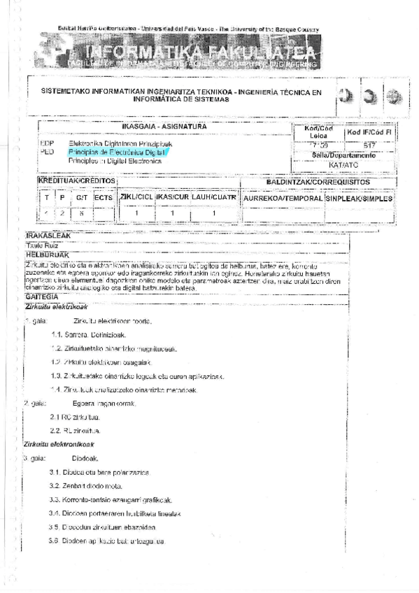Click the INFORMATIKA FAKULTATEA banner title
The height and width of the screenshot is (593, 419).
point(199,52)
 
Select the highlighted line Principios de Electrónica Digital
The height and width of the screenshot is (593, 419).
point(117,152)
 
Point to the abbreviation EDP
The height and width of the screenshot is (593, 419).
point(48,143)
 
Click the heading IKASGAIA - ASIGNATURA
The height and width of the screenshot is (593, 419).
point(164,126)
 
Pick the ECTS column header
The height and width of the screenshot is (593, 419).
point(104,198)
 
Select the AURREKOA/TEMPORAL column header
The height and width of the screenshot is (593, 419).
point(283,198)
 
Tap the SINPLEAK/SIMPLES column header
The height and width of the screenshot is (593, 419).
point(359,198)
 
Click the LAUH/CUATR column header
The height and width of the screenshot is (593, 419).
point(214,197)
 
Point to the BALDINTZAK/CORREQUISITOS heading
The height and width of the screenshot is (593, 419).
point(318,182)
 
